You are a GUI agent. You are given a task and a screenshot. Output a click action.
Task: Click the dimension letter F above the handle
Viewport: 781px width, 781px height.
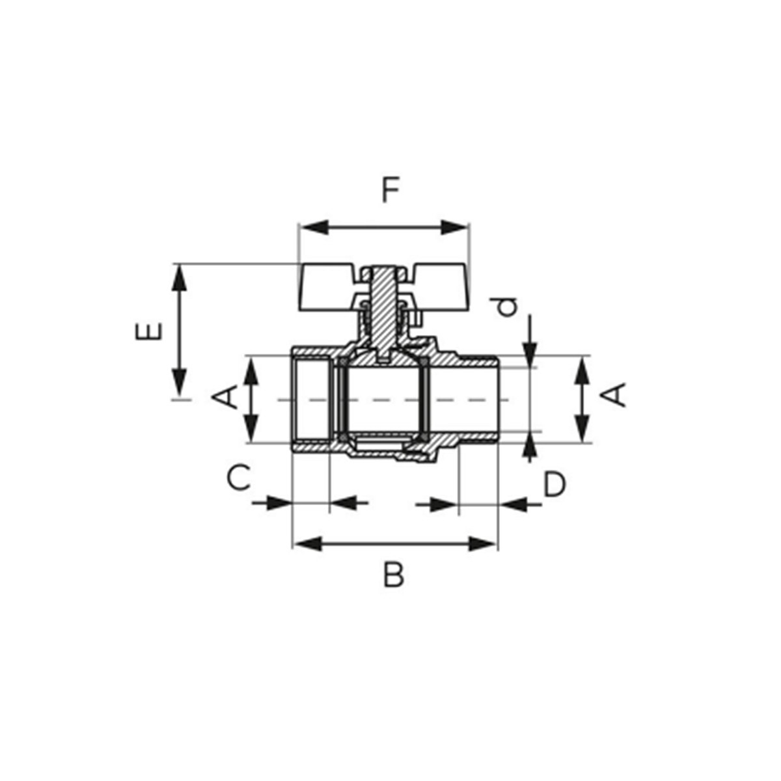pos(391,191)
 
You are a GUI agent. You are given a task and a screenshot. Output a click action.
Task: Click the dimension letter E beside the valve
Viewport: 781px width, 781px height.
pos(149,331)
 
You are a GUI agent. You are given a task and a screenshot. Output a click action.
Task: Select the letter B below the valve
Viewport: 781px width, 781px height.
pos(393,574)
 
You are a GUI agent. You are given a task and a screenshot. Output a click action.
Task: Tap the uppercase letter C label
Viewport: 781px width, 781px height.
pos(238,478)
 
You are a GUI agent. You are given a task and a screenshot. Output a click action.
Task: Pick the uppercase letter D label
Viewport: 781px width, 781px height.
pos(554,484)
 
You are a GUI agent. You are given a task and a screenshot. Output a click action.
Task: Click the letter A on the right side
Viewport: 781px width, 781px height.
pos(614,394)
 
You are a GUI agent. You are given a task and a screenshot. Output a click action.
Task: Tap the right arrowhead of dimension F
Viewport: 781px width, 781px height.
pos(454,228)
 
